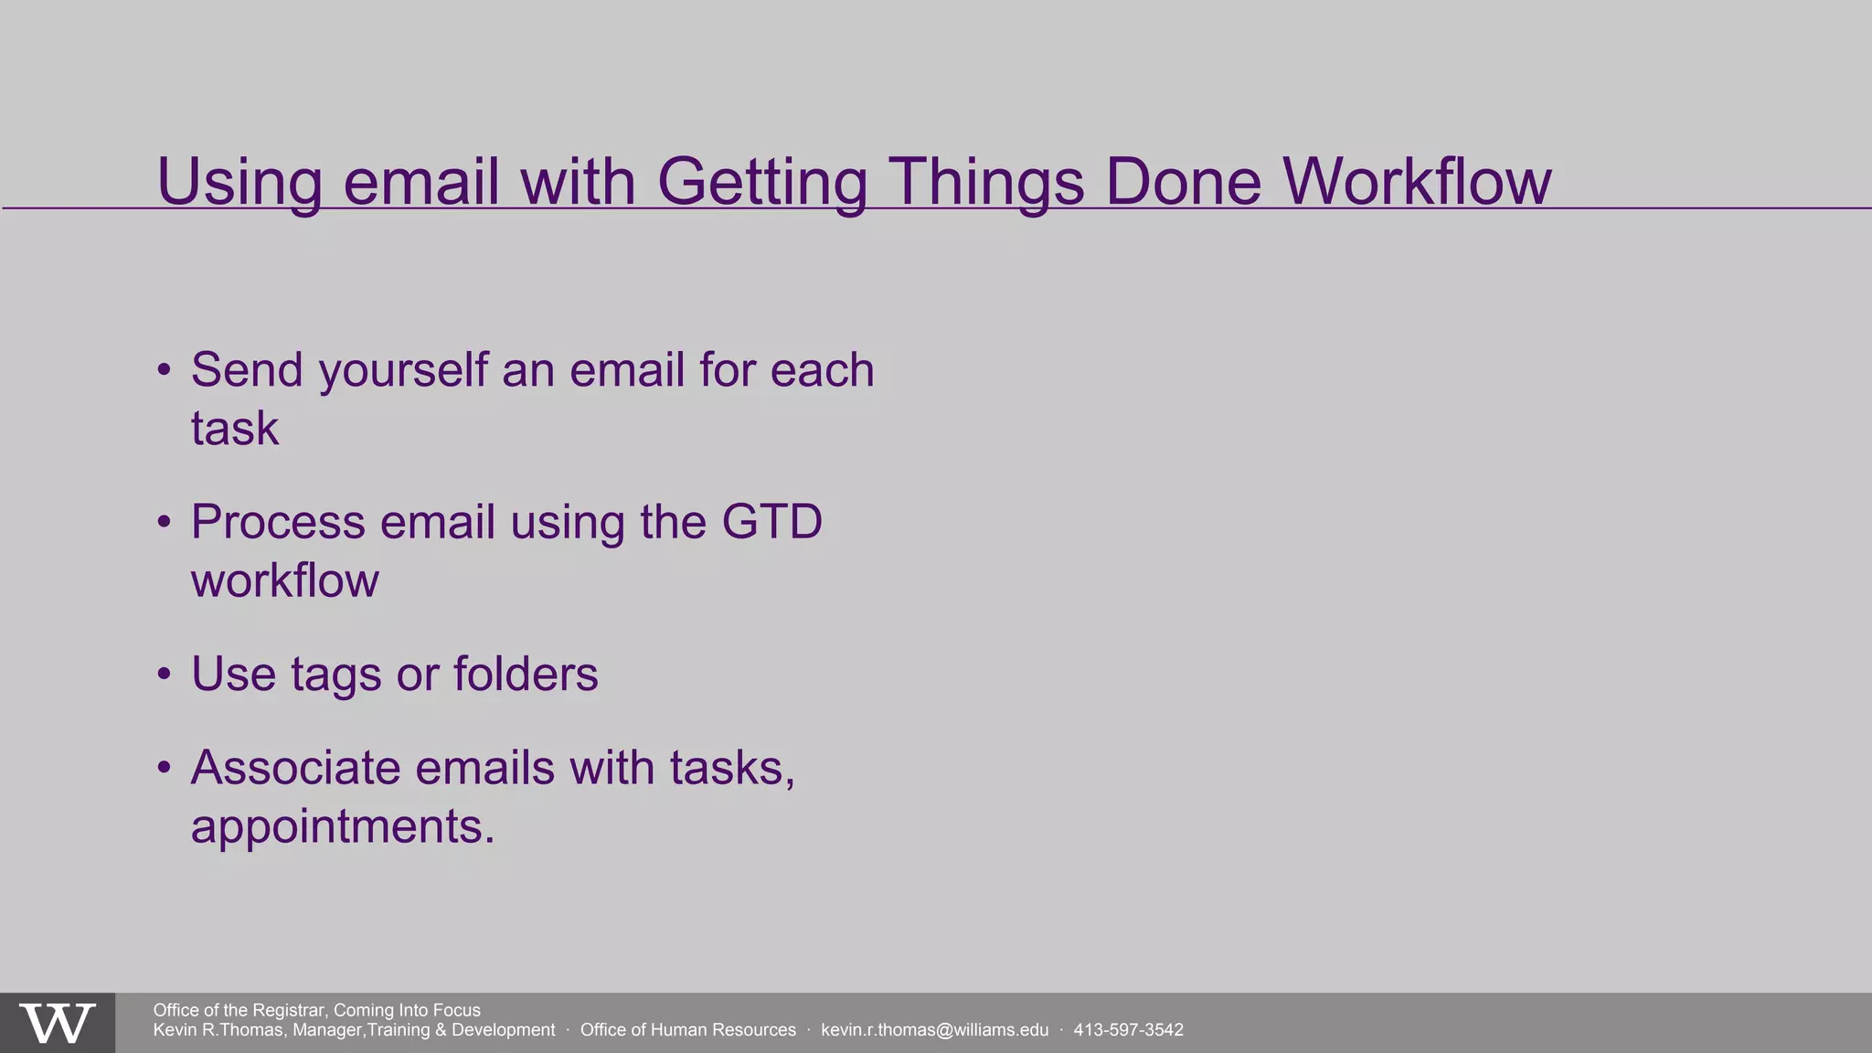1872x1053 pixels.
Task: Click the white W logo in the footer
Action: coord(57,1024)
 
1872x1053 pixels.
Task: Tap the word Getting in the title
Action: coord(761,181)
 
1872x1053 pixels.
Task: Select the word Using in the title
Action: coord(239,181)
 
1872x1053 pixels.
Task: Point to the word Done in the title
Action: coord(1183,181)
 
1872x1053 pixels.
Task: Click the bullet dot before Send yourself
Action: coord(164,371)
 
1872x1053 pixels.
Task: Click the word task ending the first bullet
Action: coord(234,428)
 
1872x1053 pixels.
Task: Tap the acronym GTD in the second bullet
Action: coord(771,522)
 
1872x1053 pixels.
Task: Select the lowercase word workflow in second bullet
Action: coord(284,580)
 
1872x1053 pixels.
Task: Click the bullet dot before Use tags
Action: coord(164,675)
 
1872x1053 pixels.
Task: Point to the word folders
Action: coord(526,675)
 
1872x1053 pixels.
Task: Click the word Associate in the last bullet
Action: coord(295,767)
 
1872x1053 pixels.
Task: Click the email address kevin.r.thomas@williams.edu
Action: coord(934,1030)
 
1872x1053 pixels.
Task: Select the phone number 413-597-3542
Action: coord(1128,1030)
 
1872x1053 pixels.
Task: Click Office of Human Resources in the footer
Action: coord(687,1030)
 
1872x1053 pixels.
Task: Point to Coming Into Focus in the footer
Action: coord(407,1010)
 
